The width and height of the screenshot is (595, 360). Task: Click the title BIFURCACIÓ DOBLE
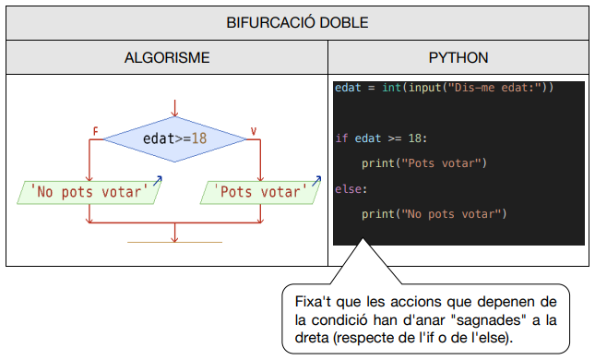(297, 21)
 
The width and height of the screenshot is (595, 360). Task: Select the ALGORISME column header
(167, 57)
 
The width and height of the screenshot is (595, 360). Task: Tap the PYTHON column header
(458, 57)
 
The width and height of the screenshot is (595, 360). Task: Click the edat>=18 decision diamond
(174, 138)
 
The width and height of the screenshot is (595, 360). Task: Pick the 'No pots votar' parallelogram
(89, 192)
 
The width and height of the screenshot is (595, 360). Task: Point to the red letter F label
(94, 132)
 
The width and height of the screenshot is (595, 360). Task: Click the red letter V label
(253, 132)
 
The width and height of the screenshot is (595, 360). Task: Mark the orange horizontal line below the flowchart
(174, 243)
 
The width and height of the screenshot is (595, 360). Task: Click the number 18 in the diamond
(198, 138)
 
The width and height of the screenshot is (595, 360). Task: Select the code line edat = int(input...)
(444, 88)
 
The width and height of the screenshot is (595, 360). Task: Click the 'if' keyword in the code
(340, 138)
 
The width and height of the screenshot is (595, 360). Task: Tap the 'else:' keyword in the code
(351, 189)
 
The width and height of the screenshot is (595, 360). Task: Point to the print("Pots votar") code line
(423, 163)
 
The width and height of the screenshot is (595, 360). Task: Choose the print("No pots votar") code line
(434, 214)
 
